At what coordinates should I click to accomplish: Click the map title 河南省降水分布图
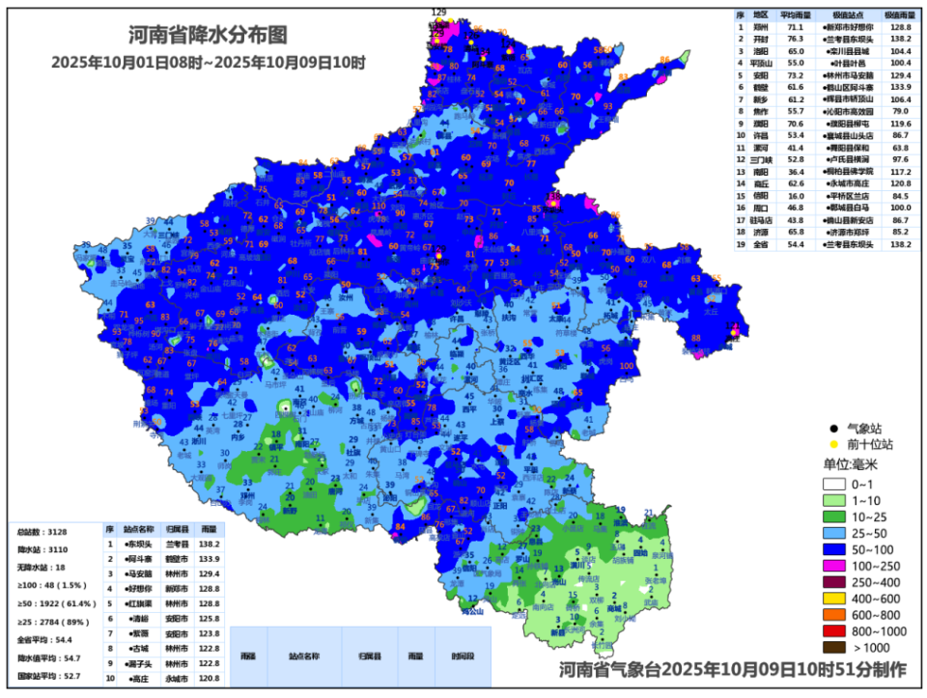[208, 35]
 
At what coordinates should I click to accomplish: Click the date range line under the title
[208, 62]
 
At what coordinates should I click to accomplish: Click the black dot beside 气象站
[832, 428]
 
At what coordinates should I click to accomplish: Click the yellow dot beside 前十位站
[832, 444]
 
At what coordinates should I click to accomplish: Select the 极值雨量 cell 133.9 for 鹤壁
[901, 87]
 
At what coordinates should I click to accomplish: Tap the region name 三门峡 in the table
[762, 159]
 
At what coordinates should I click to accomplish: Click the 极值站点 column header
[850, 16]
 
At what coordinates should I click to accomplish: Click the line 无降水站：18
[42, 568]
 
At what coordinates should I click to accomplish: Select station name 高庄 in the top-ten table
[138, 679]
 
